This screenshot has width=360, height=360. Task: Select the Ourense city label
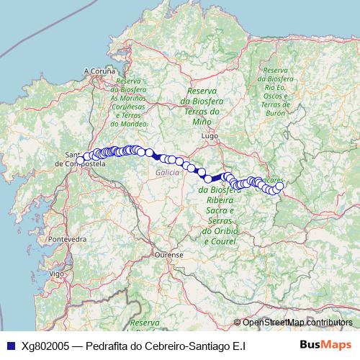(x=171, y=254)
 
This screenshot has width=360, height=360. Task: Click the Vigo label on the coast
(x=57, y=274)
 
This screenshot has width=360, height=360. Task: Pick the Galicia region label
(x=167, y=174)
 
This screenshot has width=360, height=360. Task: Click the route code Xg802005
(x=45, y=346)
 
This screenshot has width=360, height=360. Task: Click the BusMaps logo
(x=325, y=345)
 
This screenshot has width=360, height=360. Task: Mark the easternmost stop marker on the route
(x=279, y=186)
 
